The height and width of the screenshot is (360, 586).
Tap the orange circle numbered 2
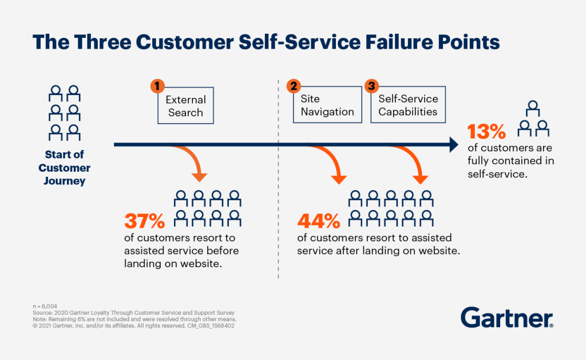[294, 86]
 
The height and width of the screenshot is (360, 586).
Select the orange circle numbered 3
[371, 86]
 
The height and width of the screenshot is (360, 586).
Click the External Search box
[185, 106]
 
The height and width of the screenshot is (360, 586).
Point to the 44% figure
[318, 221]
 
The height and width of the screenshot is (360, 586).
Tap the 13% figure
[487, 132]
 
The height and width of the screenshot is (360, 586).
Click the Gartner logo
[506, 318]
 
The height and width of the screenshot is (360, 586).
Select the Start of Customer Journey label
[65, 168]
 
